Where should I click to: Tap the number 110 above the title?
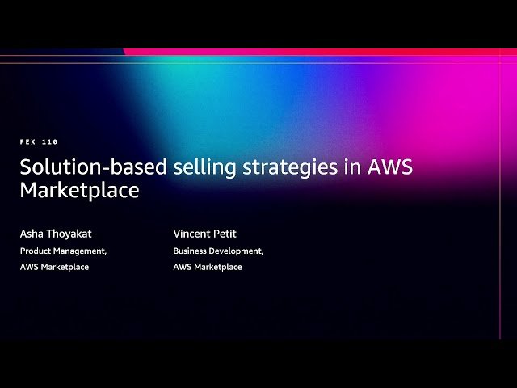click(50, 141)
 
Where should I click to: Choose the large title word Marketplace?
click(79, 191)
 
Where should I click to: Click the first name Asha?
click(32, 234)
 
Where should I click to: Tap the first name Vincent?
click(191, 234)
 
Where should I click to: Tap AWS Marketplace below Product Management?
click(54, 267)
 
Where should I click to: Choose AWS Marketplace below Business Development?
click(207, 267)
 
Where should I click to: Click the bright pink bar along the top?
click(323, 52)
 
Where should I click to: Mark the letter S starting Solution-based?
click(25, 168)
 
